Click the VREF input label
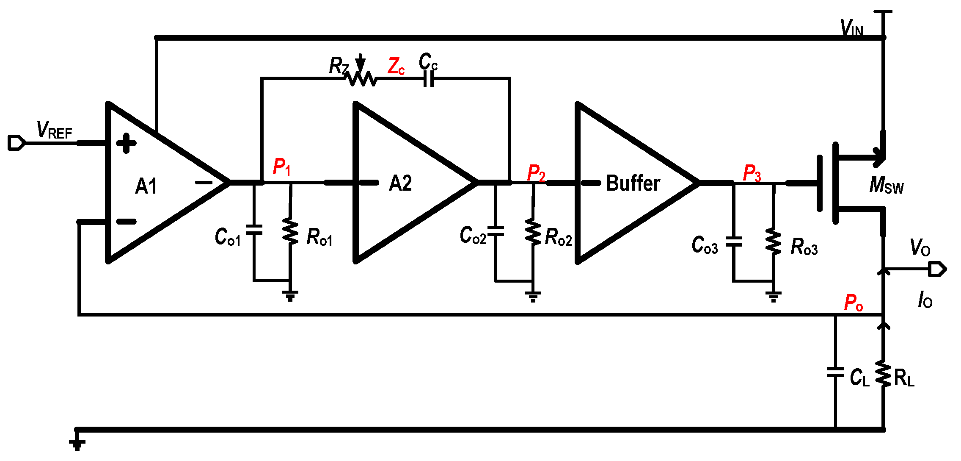click(x=54, y=130)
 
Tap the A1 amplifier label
click(x=146, y=186)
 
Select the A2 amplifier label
click(x=400, y=183)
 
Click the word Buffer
click(x=633, y=183)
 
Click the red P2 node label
click(x=536, y=173)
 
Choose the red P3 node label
click(x=752, y=173)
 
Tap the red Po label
click(x=853, y=303)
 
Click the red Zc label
click(x=396, y=67)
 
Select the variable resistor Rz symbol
click(x=361, y=78)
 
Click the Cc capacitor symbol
click(x=429, y=78)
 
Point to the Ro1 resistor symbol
click(x=290, y=231)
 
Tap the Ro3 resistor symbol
click(x=774, y=242)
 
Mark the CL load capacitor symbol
click(x=835, y=372)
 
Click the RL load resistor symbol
click(x=884, y=374)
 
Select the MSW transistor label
click(x=886, y=185)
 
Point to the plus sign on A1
click(x=126, y=143)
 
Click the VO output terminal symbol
click(x=937, y=269)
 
